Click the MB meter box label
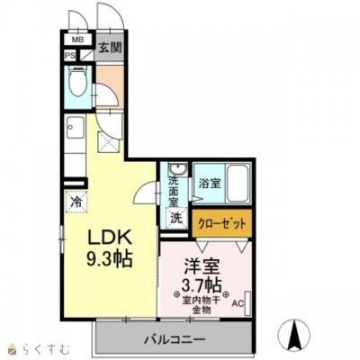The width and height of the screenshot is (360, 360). [77, 39]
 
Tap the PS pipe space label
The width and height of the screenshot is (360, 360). [71, 56]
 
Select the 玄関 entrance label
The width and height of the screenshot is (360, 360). [111, 48]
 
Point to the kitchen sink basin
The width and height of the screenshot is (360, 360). [75, 127]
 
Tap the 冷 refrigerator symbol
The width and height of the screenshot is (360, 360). [76, 202]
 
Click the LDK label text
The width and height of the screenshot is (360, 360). [110, 238]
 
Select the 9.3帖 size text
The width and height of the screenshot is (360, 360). [110, 258]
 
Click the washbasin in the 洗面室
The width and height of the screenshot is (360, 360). [177, 169]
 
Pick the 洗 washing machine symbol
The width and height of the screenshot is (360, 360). [176, 218]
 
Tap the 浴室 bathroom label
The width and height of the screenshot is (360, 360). [210, 183]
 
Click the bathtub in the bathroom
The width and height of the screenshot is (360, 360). [238, 184]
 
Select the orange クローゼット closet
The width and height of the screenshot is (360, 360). [221, 223]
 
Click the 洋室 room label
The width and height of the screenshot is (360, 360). [202, 265]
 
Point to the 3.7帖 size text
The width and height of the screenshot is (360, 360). [202, 285]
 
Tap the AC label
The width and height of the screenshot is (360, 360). [238, 303]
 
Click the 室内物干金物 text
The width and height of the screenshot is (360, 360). [202, 304]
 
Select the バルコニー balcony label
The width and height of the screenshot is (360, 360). [175, 339]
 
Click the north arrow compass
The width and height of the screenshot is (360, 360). [292, 333]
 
